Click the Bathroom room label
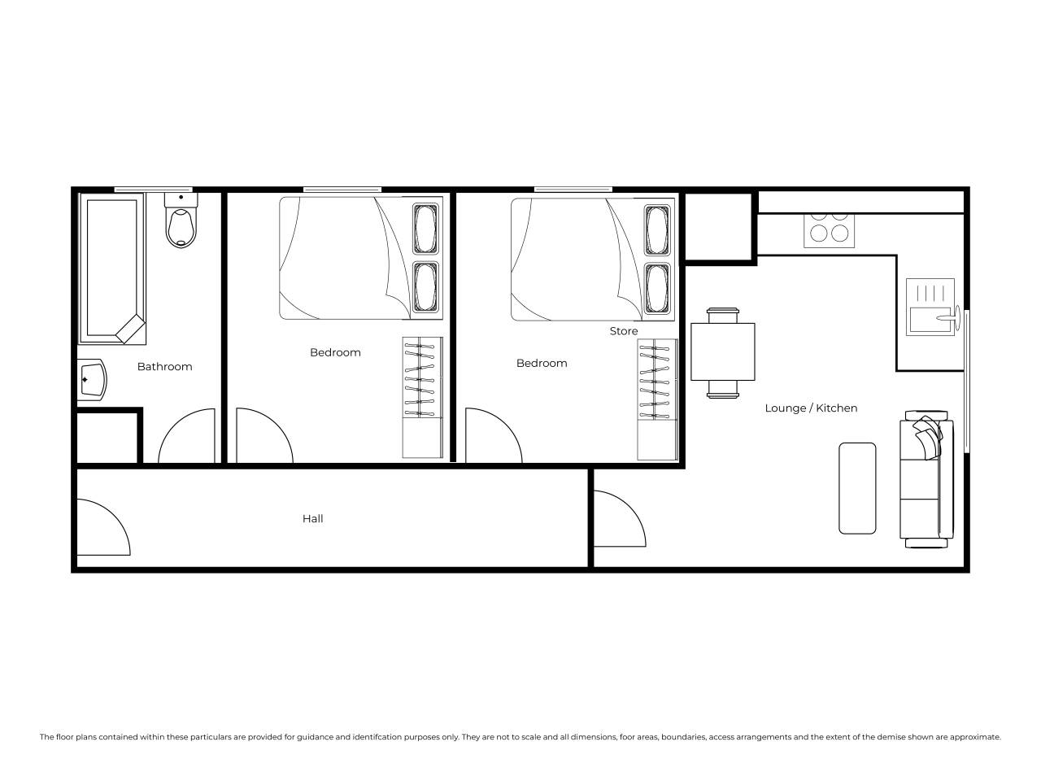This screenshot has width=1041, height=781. [x=164, y=367]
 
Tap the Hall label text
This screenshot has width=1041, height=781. [x=312, y=519]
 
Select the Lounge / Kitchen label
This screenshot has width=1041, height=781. [x=811, y=408]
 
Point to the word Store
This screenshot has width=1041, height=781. [x=624, y=331]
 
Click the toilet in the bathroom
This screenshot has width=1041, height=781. [x=181, y=220]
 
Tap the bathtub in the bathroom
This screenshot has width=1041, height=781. [x=112, y=268]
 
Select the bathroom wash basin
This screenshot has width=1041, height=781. [x=92, y=379]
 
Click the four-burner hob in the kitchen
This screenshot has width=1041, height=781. [x=829, y=231]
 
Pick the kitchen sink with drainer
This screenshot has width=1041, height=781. [x=931, y=307]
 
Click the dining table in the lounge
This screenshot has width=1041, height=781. [x=723, y=351]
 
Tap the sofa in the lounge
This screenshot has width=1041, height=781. [x=926, y=480]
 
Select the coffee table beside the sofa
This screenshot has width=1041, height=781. [x=857, y=488]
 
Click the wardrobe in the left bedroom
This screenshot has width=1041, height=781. [x=423, y=397]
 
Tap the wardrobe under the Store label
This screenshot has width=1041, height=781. [x=657, y=399]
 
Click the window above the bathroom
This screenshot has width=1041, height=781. [x=153, y=190]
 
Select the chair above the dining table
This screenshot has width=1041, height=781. [x=723, y=316]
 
